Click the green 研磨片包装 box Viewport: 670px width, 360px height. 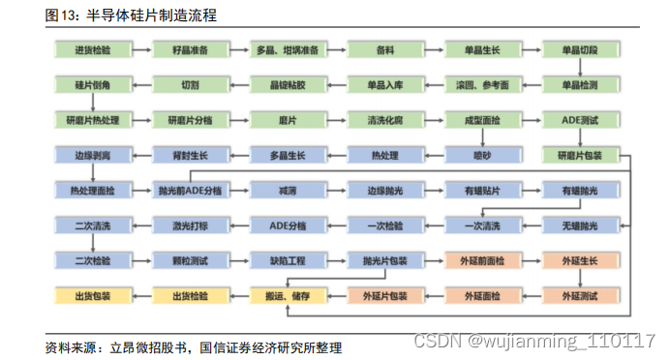coord(580,155)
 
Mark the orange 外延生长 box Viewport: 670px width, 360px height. coord(580,260)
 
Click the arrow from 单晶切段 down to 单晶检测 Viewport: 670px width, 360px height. coord(580,67)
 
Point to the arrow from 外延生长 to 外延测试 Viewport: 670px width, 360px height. coord(580,278)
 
